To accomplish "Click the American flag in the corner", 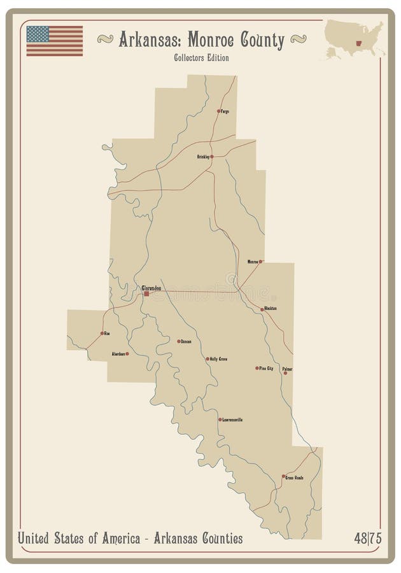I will coord(54,41).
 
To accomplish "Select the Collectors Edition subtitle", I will coord(201,58).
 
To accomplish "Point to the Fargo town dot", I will coord(218,111).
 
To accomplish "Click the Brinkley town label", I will coord(203,156).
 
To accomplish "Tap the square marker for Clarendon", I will coord(146,294).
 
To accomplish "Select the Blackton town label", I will coord(271,309).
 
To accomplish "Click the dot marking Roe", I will coord(102,333).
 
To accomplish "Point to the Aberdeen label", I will coord(118,353).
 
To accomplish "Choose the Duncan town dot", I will coord(179,341).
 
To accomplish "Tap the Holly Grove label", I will coord(218,359).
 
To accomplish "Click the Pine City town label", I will coord(266,368).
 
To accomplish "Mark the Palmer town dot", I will coord(285,373).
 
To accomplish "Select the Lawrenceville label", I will coord(232,420).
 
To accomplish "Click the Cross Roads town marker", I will coord(283,476).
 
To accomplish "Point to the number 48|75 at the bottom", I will coord(368,539).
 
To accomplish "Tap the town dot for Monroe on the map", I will coord(260,262).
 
